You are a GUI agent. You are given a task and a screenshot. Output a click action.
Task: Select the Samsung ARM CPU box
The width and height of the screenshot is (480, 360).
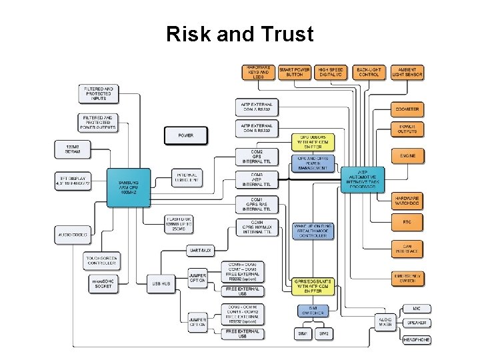(x=129, y=185)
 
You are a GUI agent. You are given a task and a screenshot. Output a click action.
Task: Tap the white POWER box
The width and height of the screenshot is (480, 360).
(x=185, y=135)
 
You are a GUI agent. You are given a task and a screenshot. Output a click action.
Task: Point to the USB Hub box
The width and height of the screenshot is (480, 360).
(x=162, y=283)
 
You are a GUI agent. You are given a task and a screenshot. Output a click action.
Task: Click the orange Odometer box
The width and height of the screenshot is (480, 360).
(x=407, y=109)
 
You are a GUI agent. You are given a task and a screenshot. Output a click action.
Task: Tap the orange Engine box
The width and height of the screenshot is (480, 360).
(x=407, y=156)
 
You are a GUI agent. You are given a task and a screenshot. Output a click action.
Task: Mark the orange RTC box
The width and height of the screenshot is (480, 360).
(x=407, y=221)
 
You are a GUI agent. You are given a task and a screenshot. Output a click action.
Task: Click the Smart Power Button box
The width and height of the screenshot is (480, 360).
(x=294, y=72)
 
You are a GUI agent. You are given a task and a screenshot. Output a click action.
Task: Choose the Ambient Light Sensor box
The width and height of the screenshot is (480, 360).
(x=407, y=72)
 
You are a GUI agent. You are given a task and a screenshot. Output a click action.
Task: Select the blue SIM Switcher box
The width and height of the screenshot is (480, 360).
(x=312, y=311)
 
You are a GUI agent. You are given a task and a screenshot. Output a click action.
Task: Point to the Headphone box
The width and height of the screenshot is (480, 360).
(x=417, y=339)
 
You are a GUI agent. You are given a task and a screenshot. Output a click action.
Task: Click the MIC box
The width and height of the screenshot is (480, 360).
(x=417, y=309)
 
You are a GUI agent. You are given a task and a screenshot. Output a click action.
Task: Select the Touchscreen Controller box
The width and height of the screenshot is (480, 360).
(x=101, y=260)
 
